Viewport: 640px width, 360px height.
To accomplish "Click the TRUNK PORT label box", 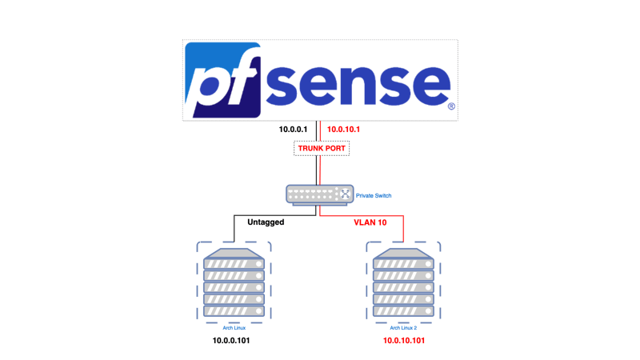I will point(320,149).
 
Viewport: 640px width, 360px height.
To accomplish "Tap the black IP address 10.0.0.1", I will point(294,129).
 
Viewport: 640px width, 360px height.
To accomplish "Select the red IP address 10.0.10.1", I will point(344,129).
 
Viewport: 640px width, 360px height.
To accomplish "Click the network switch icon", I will point(319,194).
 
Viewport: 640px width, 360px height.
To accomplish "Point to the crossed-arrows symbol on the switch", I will point(346,194).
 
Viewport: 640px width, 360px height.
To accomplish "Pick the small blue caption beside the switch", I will point(373,194).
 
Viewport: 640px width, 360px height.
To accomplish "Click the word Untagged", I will point(266,222).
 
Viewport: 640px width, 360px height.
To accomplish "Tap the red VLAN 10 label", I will point(370,222).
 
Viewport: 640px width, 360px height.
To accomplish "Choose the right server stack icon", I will point(403,283).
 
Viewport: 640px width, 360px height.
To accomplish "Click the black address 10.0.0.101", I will point(232,340).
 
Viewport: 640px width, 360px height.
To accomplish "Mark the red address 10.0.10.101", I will point(404,340).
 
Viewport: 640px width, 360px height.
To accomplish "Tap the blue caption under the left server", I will point(232,327).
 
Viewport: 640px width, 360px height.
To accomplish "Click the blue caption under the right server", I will point(404,327).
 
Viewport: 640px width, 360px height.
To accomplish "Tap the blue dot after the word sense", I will point(451,105).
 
